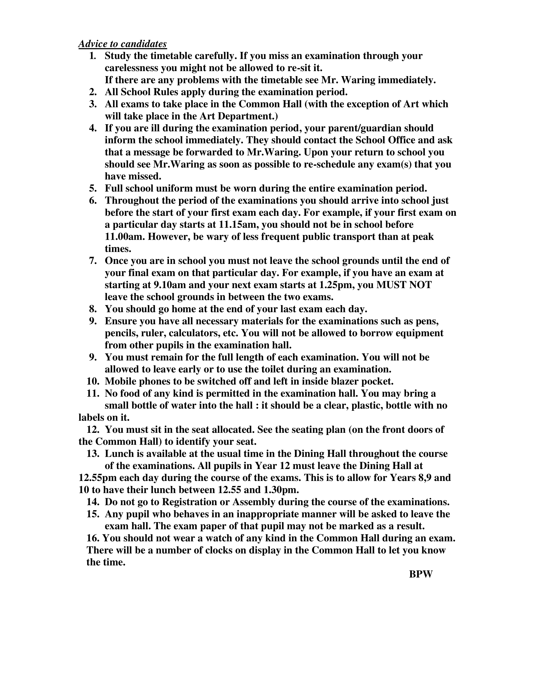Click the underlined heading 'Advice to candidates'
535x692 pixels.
(122, 44)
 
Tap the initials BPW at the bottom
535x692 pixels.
(420, 574)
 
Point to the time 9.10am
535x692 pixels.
(170, 285)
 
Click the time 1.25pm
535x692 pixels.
(336, 285)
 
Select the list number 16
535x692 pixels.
(93, 538)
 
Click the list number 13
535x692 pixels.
(93, 454)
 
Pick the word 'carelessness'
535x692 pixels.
(132, 68)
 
